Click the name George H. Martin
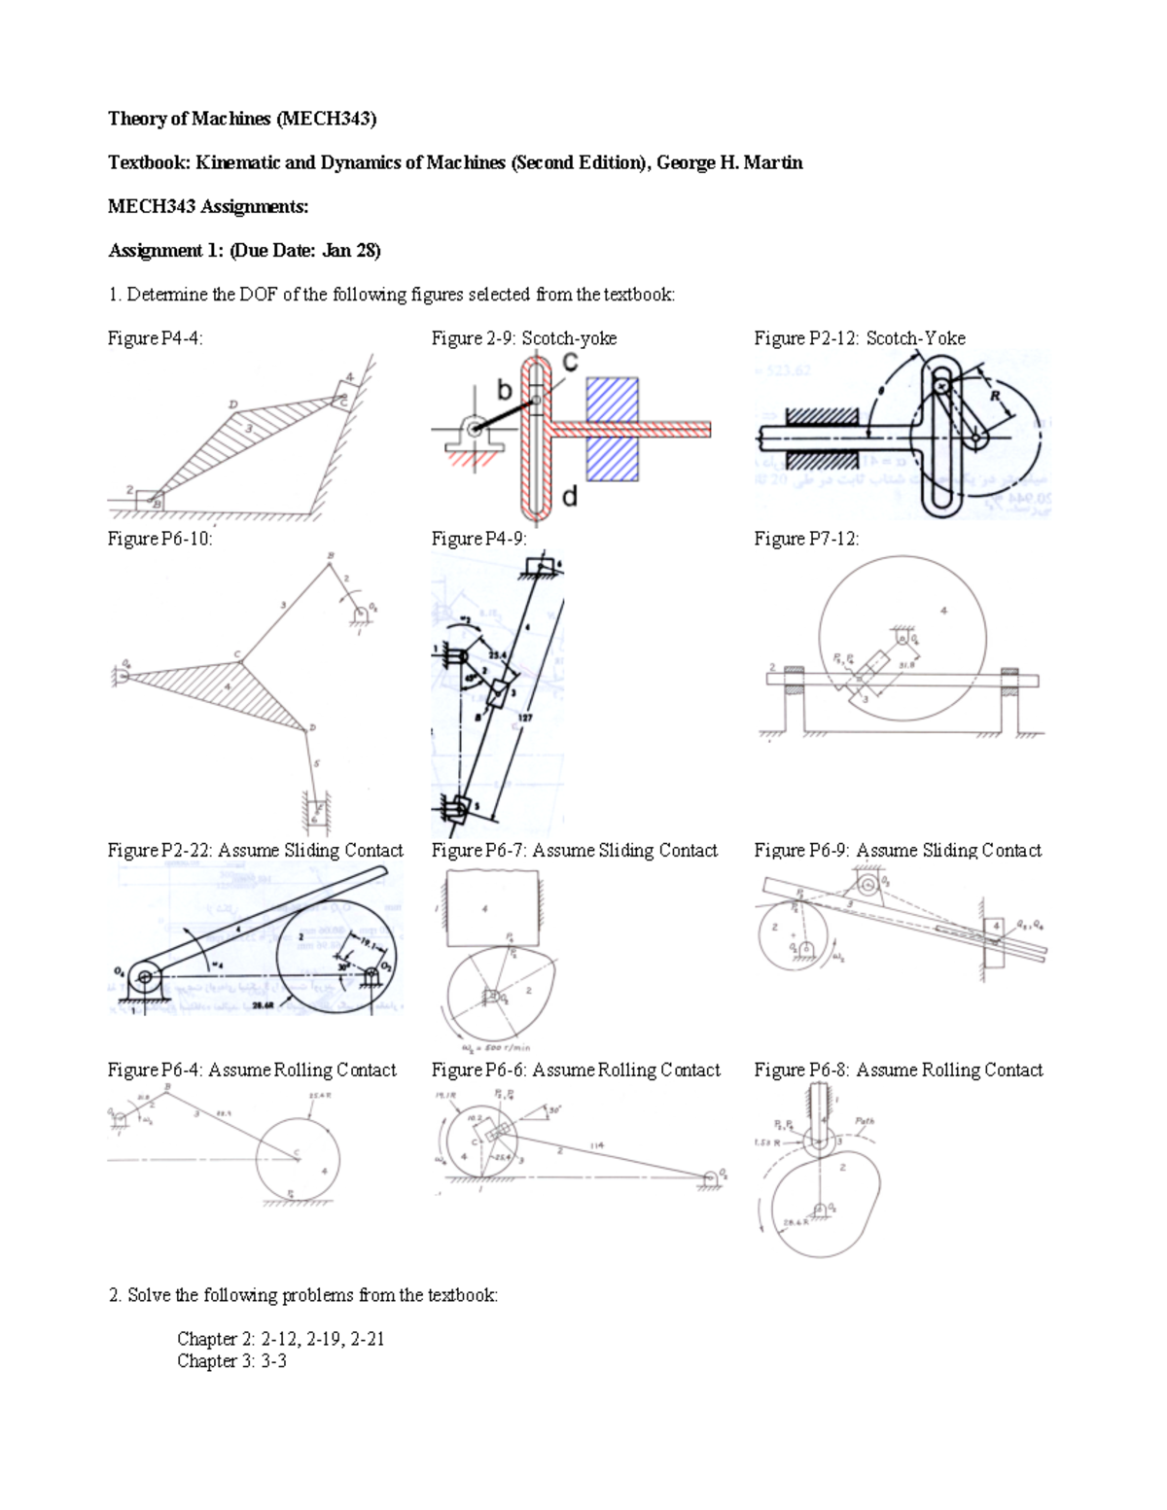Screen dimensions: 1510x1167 tap(729, 162)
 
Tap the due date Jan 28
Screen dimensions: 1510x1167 tap(349, 250)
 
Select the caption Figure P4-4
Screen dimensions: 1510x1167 tap(155, 338)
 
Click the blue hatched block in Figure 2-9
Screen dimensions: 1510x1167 tap(612, 429)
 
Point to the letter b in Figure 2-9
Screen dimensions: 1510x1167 tap(505, 390)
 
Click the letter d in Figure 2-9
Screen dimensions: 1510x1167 tap(570, 497)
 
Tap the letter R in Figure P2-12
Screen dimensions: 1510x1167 tap(995, 396)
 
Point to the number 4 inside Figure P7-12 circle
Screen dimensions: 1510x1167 tap(943, 611)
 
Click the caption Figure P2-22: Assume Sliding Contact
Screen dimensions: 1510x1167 tap(255, 851)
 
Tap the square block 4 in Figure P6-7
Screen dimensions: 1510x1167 tap(491, 909)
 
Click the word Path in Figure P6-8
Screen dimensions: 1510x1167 tap(864, 1121)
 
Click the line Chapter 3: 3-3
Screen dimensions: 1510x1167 tap(231, 1361)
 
